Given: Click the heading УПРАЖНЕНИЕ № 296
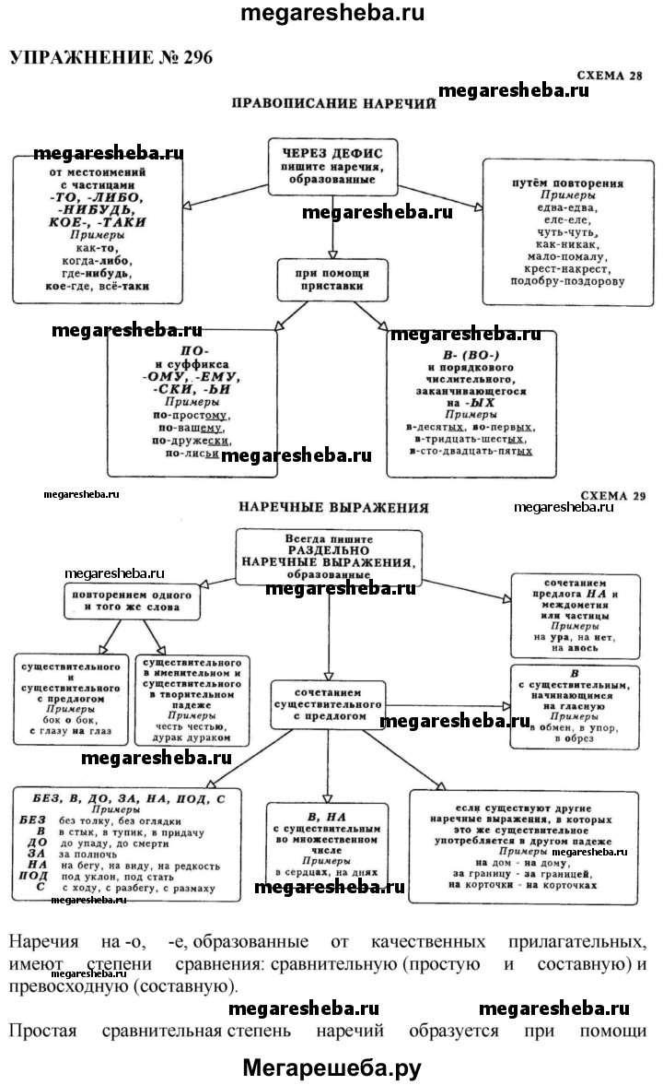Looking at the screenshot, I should click(x=110, y=57).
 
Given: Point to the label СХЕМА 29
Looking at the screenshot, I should click(x=611, y=495).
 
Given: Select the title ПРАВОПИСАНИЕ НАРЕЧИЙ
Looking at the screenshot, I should click(x=332, y=103).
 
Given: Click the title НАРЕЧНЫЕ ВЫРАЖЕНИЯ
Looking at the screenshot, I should click(x=333, y=506).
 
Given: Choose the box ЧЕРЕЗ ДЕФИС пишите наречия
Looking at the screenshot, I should click(x=333, y=165).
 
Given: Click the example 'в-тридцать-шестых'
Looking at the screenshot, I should click(x=471, y=439).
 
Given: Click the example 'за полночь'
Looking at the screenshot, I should click(x=92, y=854).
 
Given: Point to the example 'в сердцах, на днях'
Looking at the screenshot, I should click(x=327, y=871).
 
